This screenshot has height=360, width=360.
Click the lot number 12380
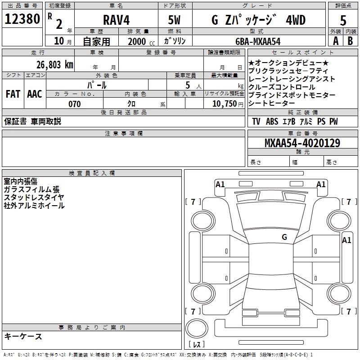pyautogui.click(x=22, y=19)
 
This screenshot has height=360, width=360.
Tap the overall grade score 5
pyautogui.click(x=343, y=20)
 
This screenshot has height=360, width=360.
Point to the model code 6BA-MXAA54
pyautogui.click(x=258, y=41)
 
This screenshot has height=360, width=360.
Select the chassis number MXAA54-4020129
pyautogui.click(x=302, y=143)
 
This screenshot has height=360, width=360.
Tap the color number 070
pyautogui.click(x=74, y=104)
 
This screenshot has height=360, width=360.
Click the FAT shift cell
pyautogui.click(x=13, y=94)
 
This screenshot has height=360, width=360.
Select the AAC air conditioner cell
pyautogui.click(x=35, y=94)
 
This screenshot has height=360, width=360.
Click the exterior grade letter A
pyautogui.click(x=335, y=41)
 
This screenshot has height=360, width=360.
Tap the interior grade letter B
pyautogui.click(x=351, y=41)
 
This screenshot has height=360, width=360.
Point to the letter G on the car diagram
pyautogui.click(x=284, y=237)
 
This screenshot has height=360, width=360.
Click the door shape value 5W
pyautogui.click(x=175, y=20)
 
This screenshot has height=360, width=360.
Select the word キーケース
pyautogui.click(x=23, y=336)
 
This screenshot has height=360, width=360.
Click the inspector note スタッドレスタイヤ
pyautogui.click(x=34, y=198)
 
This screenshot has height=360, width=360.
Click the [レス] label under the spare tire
pyautogui.click(x=197, y=345)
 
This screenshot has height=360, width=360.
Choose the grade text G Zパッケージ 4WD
pyautogui.click(x=258, y=20)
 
